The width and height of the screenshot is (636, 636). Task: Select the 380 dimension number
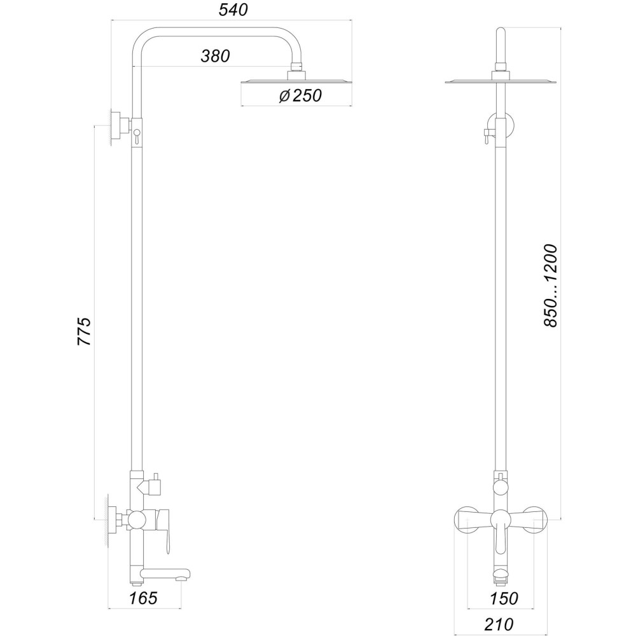[x=215, y=56]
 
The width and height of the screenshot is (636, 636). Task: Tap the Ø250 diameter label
[x=300, y=95]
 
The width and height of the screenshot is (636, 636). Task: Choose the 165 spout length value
[x=143, y=598]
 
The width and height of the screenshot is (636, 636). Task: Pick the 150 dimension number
[x=504, y=598]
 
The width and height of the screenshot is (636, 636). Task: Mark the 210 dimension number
[x=499, y=625]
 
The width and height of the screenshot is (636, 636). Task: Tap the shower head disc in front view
[x=501, y=81]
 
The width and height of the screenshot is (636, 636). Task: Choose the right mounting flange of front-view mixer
[x=537, y=520]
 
